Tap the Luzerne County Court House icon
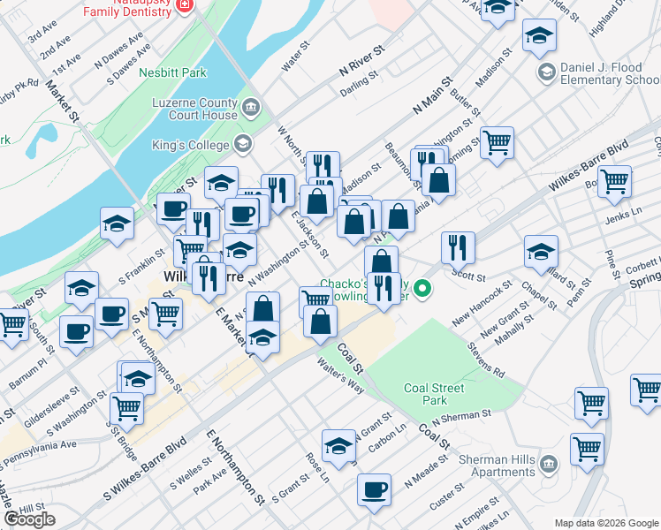coord(252,109)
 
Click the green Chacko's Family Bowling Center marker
coord(423,288)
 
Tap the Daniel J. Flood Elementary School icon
coord(546,72)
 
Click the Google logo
coord(29,519)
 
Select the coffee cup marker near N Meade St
coord(374,488)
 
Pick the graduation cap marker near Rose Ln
coord(338,446)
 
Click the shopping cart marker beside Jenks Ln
coord(614,181)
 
